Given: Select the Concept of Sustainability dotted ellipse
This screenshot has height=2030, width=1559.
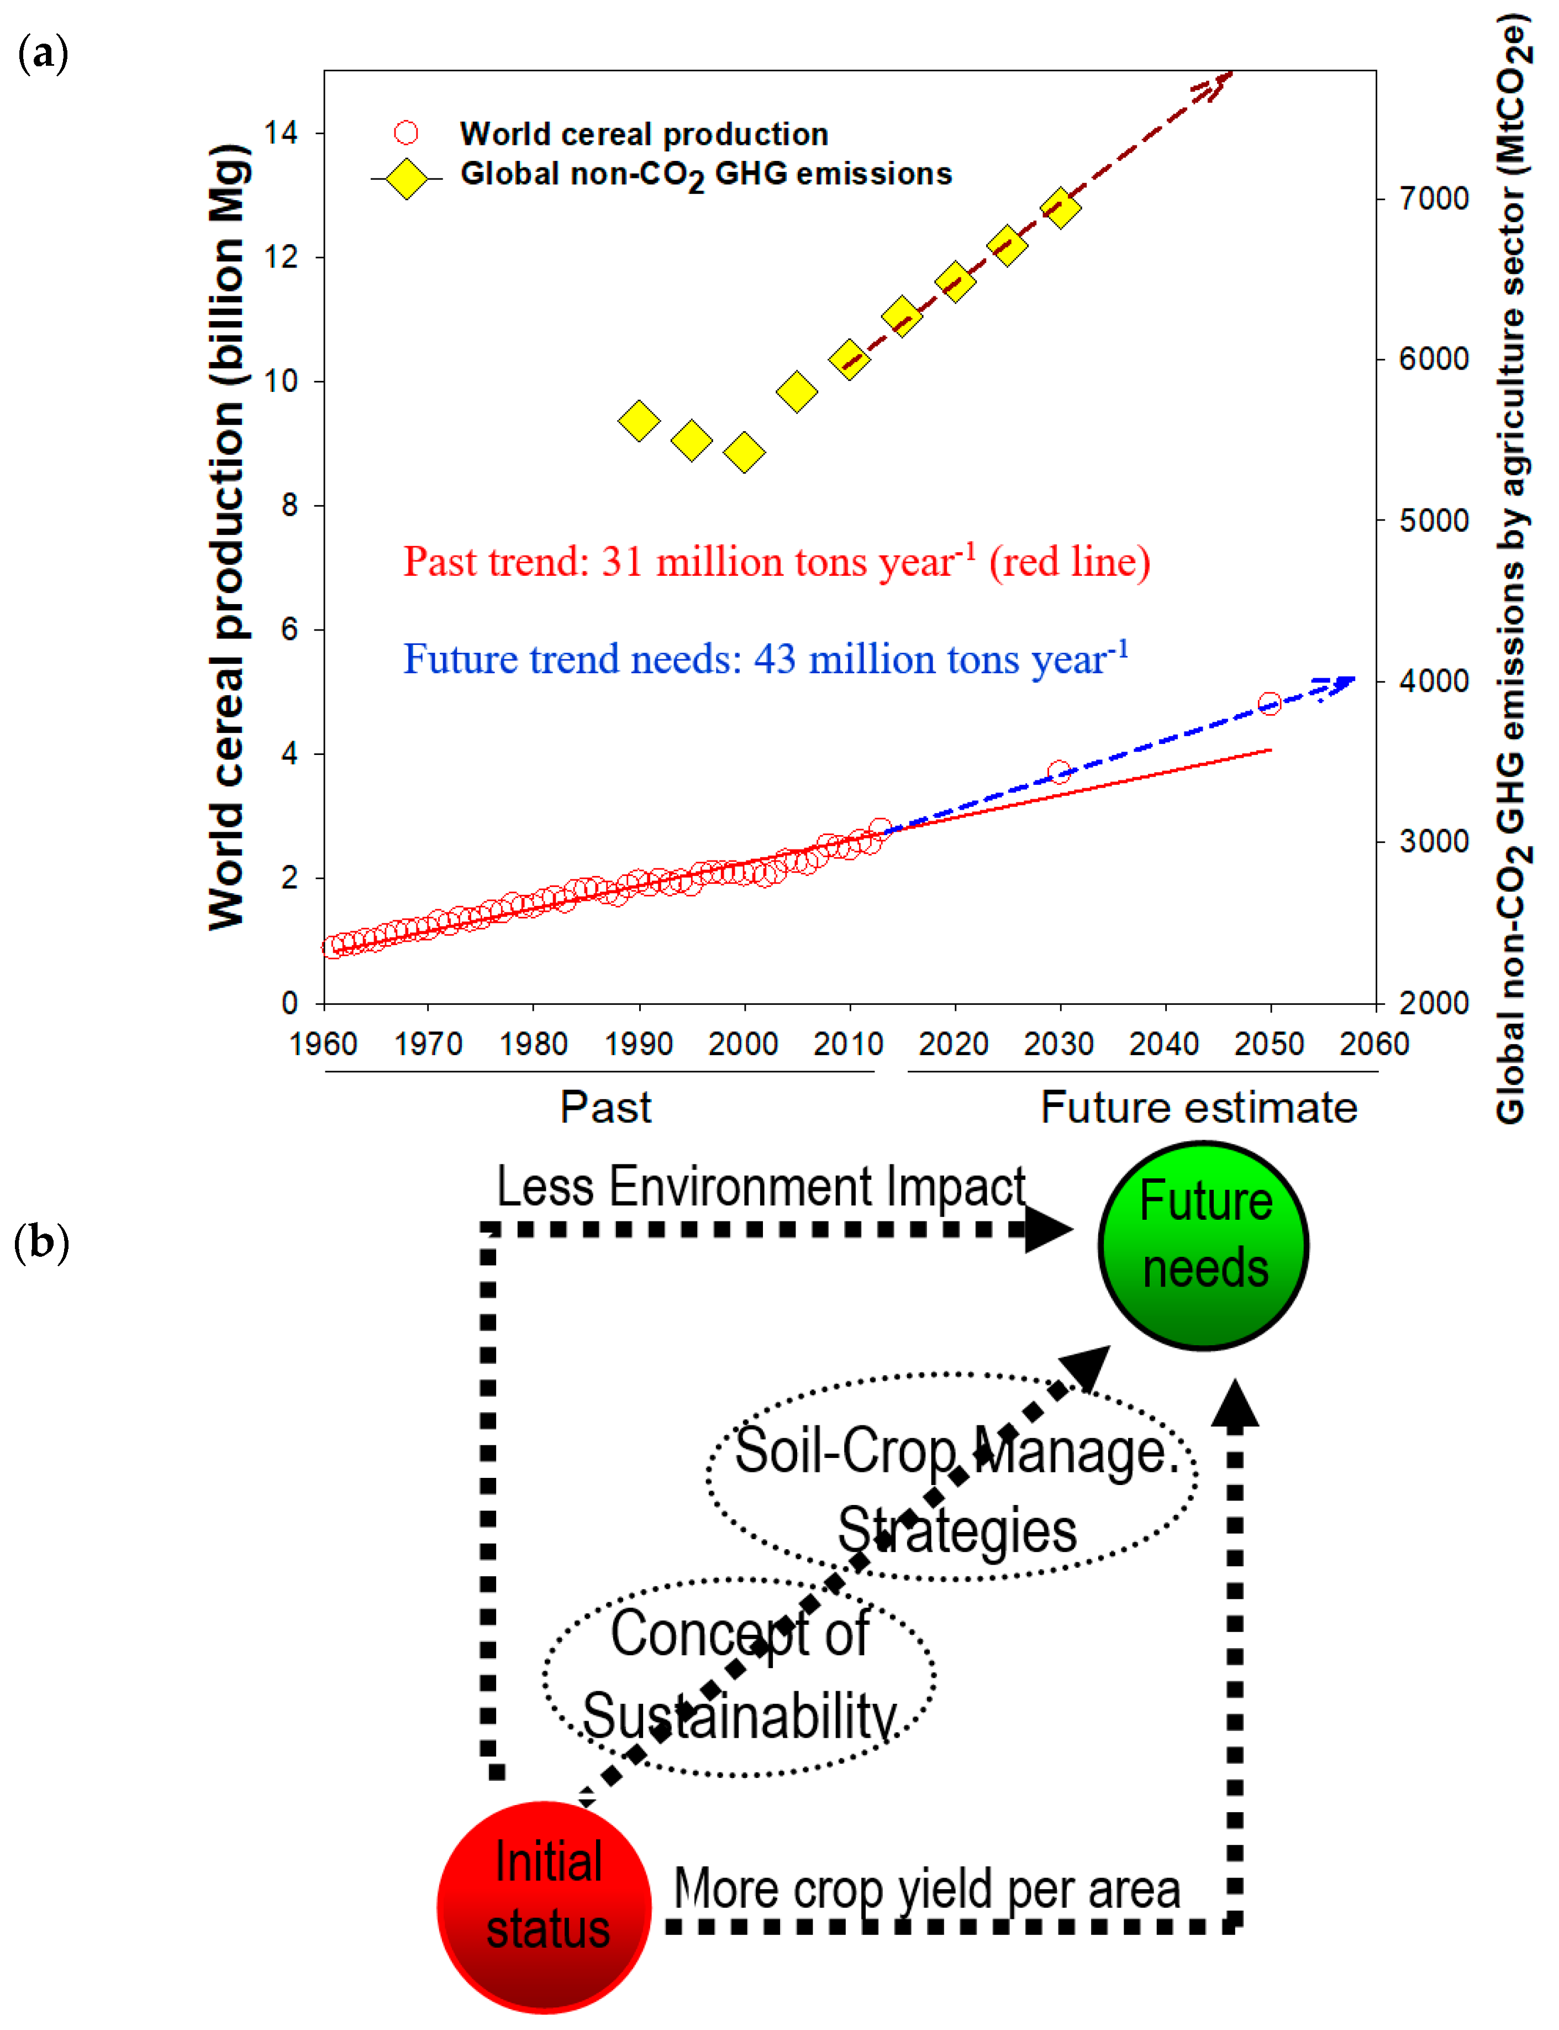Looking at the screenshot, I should pyautogui.click(x=739, y=1676).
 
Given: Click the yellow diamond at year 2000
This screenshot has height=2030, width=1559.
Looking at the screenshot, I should pyautogui.click(x=744, y=453).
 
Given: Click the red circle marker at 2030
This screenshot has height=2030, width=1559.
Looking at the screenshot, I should pyautogui.click(x=1059, y=772).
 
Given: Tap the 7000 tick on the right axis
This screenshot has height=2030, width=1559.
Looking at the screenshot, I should pyautogui.click(x=1434, y=198).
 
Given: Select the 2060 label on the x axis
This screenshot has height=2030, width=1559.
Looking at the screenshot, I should pyautogui.click(x=1373, y=1044).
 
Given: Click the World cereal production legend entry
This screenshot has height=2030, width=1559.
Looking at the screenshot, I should pyautogui.click(x=643, y=134).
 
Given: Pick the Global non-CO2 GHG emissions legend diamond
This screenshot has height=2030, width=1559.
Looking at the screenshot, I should pyautogui.click(x=407, y=178).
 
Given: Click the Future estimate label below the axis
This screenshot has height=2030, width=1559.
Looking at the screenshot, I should pyautogui.click(x=1198, y=1108).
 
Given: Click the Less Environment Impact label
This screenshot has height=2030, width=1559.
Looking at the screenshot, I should pyautogui.click(x=760, y=1186).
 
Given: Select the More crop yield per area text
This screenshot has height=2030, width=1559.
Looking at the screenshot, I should pyautogui.click(x=926, y=1889).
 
